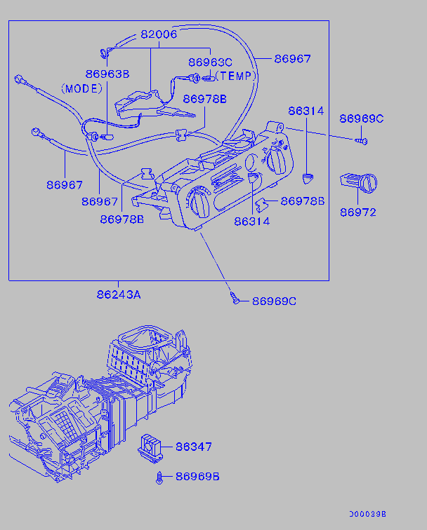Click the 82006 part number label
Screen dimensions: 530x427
point(158,34)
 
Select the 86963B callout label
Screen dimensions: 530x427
point(107,74)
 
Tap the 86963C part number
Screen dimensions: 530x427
point(209,62)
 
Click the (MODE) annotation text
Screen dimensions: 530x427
point(81,88)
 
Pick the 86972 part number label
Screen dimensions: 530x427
point(358,212)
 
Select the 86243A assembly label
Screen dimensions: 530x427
point(119,294)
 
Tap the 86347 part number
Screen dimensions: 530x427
point(193,447)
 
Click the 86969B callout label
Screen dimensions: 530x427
point(197,477)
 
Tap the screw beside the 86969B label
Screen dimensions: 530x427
point(161,478)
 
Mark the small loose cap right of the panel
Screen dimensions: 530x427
point(307,177)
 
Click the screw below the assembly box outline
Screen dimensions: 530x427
point(237,300)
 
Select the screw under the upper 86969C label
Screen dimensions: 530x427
point(362,141)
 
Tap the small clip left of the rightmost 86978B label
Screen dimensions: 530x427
point(261,204)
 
